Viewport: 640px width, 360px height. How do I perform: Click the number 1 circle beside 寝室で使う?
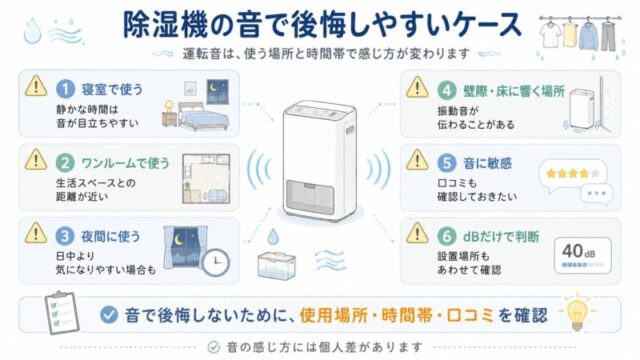[x=65, y=89]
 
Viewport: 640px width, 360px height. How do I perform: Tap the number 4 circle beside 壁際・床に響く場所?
[x=447, y=90]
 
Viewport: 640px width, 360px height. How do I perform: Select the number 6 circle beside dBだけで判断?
[x=447, y=236]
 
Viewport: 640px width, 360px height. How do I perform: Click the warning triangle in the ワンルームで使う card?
[x=36, y=160]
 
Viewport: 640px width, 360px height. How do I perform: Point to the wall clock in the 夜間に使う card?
[x=216, y=262]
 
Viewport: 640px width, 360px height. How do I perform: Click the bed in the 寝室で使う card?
[x=203, y=116]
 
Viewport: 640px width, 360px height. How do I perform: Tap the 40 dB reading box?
[x=583, y=256]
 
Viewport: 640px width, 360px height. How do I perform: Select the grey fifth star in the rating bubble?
[x=595, y=173]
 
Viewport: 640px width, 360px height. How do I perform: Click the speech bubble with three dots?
[x=596, y=193]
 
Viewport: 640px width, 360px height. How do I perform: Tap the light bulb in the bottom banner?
[x=577, y=312]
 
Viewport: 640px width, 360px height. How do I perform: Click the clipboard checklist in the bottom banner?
[x=61, y=313]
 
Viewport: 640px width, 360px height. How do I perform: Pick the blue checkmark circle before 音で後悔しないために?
[x=109, y=315]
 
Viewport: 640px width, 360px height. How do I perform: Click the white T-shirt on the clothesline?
[x=550, y=34]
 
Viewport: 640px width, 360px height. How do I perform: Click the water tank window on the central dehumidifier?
[x=310, y=197]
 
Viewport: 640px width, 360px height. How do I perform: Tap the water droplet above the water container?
[x=273, y=236]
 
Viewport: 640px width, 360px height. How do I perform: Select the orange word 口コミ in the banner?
[x=470, y=316]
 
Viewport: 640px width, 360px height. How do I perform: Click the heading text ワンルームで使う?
[x=125, y=163]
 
